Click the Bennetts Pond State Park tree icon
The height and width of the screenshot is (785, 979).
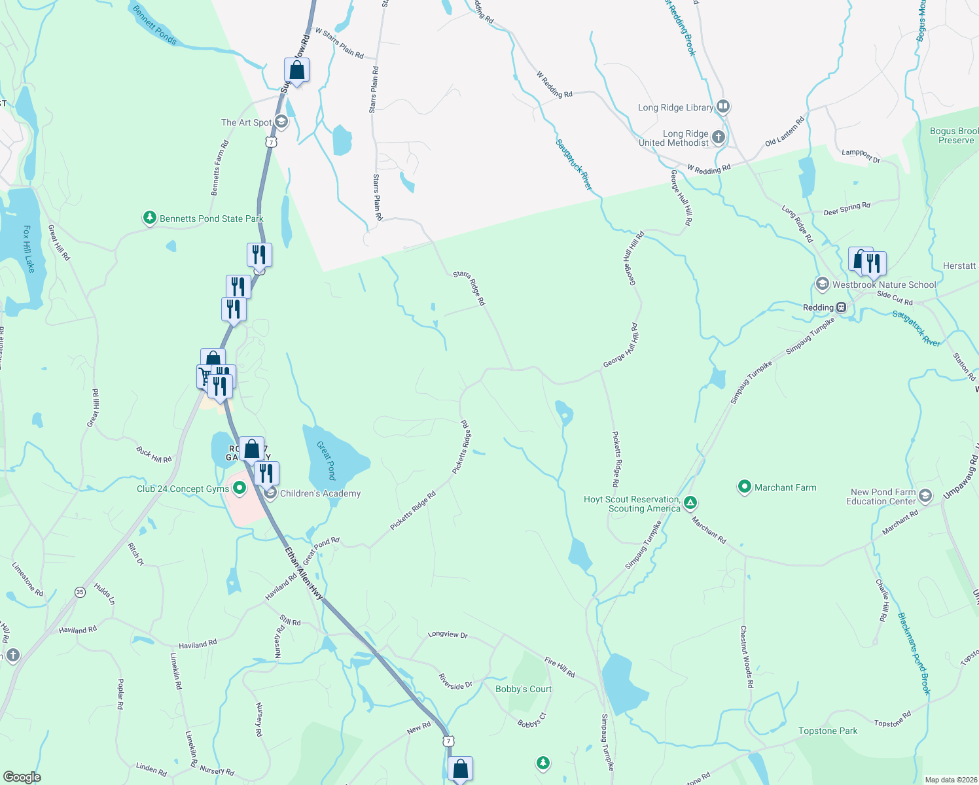[150, 218]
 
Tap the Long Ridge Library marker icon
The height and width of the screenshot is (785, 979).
[722, 106]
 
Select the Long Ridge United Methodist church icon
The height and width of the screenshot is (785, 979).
[719, 137]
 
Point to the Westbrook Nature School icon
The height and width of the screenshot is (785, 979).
[823, 284]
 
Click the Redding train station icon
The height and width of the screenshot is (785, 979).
[842, 307]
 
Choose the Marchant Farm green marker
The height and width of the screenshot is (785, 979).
[744, 487]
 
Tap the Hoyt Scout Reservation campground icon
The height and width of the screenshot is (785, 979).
[690, 503]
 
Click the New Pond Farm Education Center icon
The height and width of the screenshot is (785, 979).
[925, 495]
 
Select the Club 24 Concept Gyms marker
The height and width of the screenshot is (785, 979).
[240, 487]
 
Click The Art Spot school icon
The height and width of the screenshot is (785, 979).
[281, 121]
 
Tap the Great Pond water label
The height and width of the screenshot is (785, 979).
[327, 460]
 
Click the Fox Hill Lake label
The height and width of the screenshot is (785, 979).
[28, 249]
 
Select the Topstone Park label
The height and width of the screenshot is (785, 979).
[827, 731]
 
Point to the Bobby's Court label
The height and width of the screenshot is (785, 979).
[523, 689]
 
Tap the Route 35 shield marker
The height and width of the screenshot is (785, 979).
[80, 591]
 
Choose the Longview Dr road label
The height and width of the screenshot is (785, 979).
[448, 635]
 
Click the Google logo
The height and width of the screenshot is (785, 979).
[22, 776]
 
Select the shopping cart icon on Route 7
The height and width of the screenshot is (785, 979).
[205, 376]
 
